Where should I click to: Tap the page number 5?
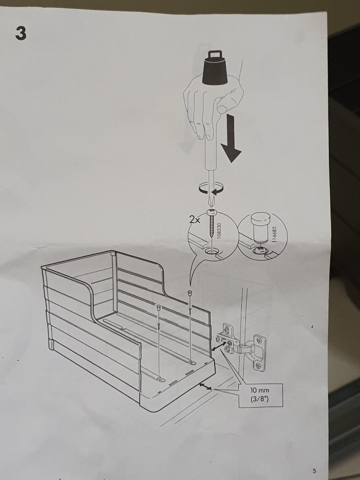click(314, 471)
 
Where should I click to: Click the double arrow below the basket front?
click(205, 388)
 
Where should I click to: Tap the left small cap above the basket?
click(159, 307)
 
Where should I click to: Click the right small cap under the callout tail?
click(190, 293)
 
